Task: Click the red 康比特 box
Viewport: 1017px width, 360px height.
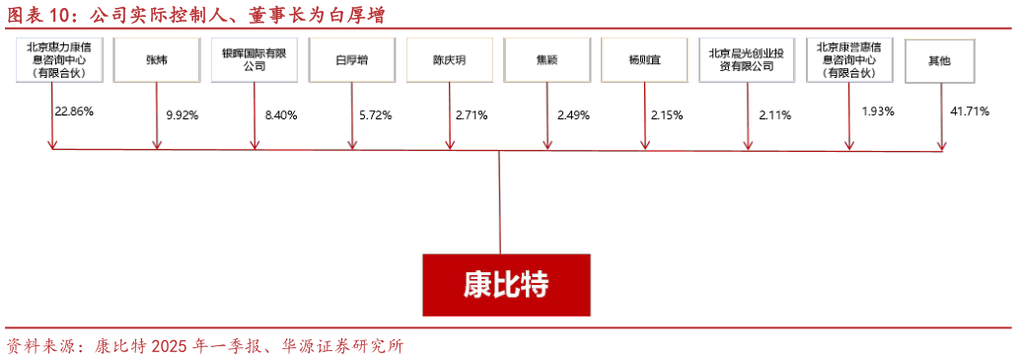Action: pyautogui.click(x=506, y=285)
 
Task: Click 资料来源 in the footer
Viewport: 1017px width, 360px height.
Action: pyautogui.click(x=39, y=346)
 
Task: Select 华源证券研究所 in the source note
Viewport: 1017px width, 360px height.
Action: pyautogui.click(x=344, y=346)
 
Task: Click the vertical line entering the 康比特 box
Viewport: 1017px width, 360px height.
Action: pyautogui.click(x=500, y=202)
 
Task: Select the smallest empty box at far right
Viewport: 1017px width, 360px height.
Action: pyautogui.click(x=939, y=60)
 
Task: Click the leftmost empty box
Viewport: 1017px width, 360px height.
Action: pyautogui.click(x=59, y=60)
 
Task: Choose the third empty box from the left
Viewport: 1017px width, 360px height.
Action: pyautogui.click(x=254, y=60)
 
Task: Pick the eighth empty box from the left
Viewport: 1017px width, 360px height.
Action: pyautogui.click(x=747, y=60)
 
